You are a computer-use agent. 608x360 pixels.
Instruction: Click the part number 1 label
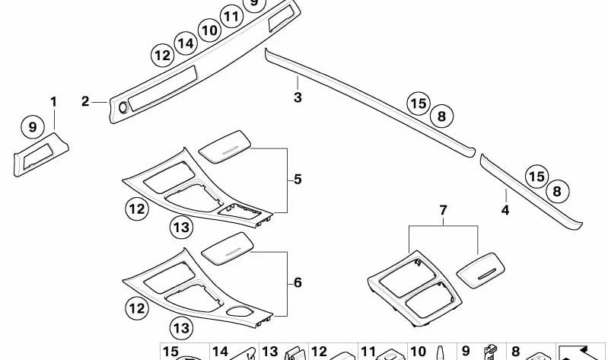coord(53,102)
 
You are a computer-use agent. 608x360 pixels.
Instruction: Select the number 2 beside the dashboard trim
coord(85,102)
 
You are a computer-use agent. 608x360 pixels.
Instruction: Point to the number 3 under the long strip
coord(298,97)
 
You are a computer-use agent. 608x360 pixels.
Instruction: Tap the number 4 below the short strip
coord(505,210)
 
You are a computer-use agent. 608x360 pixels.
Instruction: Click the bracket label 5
coord(298,179)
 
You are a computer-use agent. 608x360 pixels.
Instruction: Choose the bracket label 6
coord(298,282)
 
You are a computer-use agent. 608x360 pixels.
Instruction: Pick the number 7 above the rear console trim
coord(443,210)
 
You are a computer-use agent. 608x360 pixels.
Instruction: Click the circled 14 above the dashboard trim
coord(186,43)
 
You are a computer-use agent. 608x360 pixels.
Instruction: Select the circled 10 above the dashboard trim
coord(209,30)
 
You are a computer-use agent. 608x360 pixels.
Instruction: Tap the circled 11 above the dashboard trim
coord(231,17)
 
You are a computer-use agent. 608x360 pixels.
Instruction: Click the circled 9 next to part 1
coord(33,127)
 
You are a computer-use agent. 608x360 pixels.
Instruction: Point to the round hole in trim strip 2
coord(123,108)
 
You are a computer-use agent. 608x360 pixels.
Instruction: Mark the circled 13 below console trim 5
coord(181,228)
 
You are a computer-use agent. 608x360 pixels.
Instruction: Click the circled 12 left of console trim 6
coord(137,308)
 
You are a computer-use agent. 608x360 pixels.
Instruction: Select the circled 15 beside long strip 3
coord(419,104)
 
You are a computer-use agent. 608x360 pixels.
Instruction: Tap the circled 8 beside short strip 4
coord(557,191)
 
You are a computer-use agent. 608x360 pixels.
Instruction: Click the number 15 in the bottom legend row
coord(170,352)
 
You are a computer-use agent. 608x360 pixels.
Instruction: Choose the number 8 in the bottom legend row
coord(515,352)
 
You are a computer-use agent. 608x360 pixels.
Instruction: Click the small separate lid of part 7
coord(481,270)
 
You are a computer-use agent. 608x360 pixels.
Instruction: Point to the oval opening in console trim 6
coord(238,311)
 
